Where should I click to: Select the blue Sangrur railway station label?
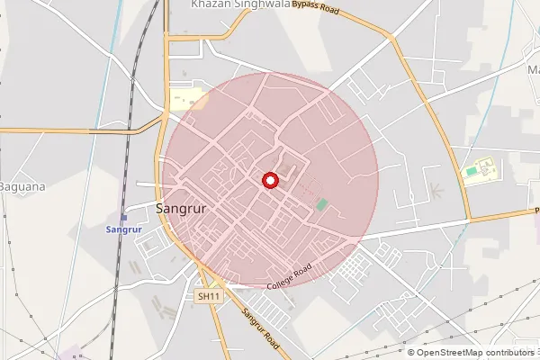[126, 229]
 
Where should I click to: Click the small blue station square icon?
[124, 217]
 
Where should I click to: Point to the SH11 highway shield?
[208, 295]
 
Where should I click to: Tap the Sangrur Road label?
[262, 329]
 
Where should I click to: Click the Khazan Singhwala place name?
[239, 4]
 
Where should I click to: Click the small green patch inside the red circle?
[321, 205]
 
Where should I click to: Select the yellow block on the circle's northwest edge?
[187, 99]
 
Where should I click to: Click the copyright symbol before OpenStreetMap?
[411, 353]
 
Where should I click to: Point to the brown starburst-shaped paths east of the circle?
[435, 191]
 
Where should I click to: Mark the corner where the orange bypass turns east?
[468, 219]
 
